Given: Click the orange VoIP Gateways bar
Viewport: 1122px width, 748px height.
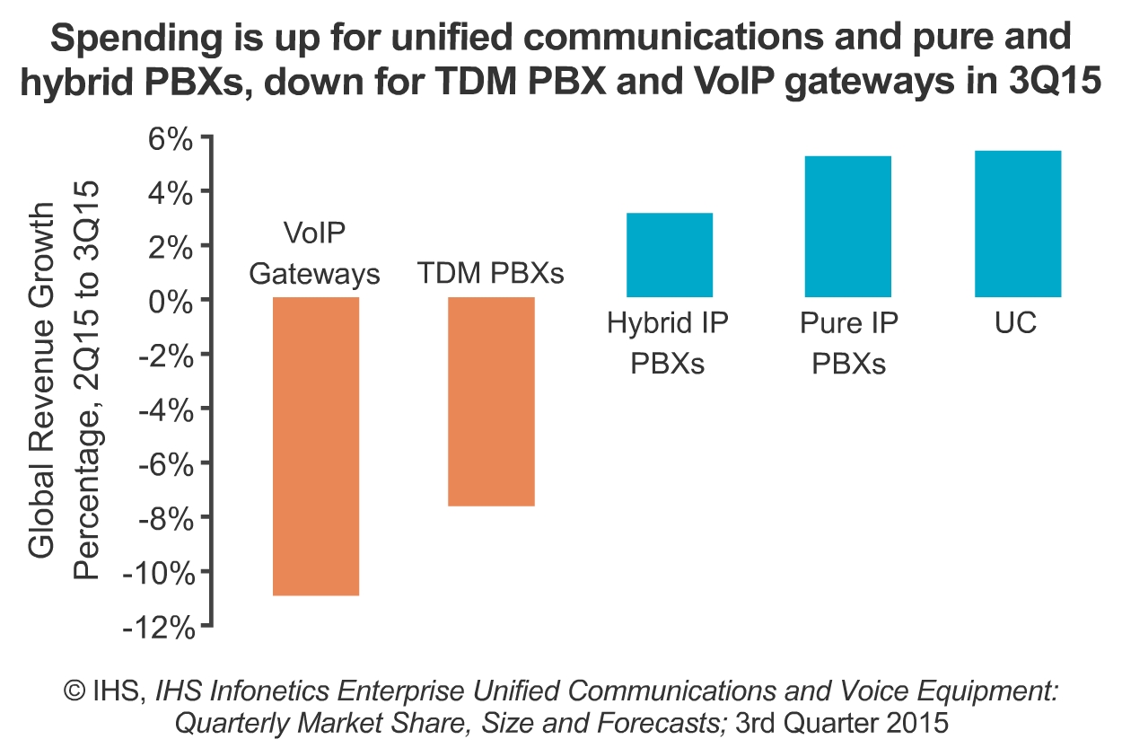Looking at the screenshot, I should point(316,445).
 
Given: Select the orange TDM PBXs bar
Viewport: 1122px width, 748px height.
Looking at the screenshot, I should point(492,401).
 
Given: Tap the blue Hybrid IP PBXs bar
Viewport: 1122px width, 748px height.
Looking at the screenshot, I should point(670,255).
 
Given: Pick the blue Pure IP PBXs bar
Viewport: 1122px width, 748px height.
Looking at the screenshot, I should point(848,226).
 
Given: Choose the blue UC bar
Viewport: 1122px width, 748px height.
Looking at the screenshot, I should point(1018,224).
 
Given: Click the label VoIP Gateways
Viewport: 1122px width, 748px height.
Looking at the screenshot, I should point(315,254).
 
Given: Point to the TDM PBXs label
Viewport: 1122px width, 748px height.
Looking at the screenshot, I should point(491,273).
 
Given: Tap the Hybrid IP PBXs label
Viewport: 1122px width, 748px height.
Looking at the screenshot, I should point(668,344).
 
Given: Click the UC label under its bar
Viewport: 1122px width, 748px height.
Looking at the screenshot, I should point(1016,323).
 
